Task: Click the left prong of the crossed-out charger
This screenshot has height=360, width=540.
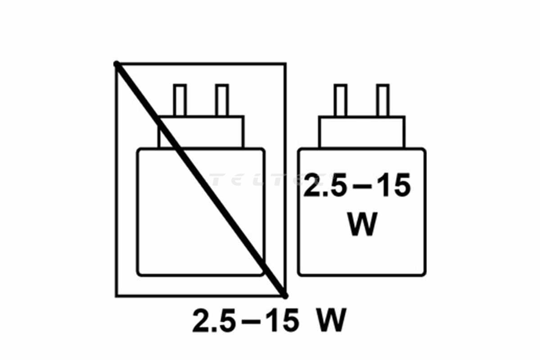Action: click(x=180, y=100)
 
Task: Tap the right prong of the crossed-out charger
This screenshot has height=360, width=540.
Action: click(x=222, y=100)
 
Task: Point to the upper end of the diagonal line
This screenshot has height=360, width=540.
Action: click(x=117, y=64)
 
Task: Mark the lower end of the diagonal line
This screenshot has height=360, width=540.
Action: click(x=284, y=295)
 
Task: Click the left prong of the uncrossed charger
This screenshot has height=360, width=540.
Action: click(x=340, y=100)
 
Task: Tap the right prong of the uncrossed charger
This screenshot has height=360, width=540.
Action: click(x=383, y=100)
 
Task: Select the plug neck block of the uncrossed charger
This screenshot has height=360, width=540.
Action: click(x=361, y=132)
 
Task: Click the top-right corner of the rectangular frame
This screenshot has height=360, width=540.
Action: click(x=285, y=64)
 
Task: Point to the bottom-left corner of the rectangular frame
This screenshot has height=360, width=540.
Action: click(x=117, y=296)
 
